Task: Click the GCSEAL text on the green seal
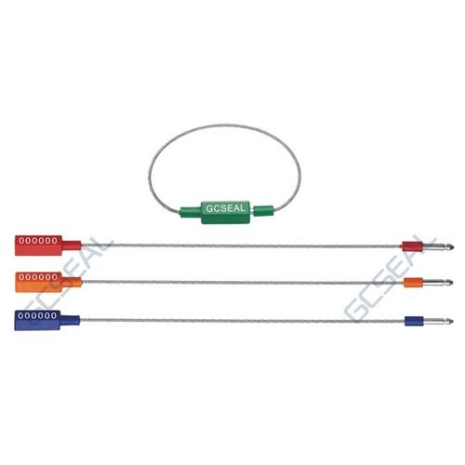(x=225, y=208)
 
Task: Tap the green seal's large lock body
(x=225, y=212)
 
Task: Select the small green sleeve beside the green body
(x=263, y=211)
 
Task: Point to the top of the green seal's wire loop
(x=224, y=126)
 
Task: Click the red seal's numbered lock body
(x=38, y=246)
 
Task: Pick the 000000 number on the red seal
(x=38, y=241)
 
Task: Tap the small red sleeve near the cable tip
(x=413, y=246)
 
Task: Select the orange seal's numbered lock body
(x=38, y=282)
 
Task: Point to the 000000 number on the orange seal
(x=38, y=277)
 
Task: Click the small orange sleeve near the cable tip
(x=414, y=283)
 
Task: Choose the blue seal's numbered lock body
(x=37, y=320)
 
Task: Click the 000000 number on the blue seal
(x=37, y=315)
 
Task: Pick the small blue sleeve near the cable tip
(x=414, y=321)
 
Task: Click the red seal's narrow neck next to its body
(x=72, y=246)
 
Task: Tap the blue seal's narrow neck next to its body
(x=71, y=320)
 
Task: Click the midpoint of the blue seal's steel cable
(x=242, y=321)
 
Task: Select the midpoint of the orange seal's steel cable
(x=243, y=282)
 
